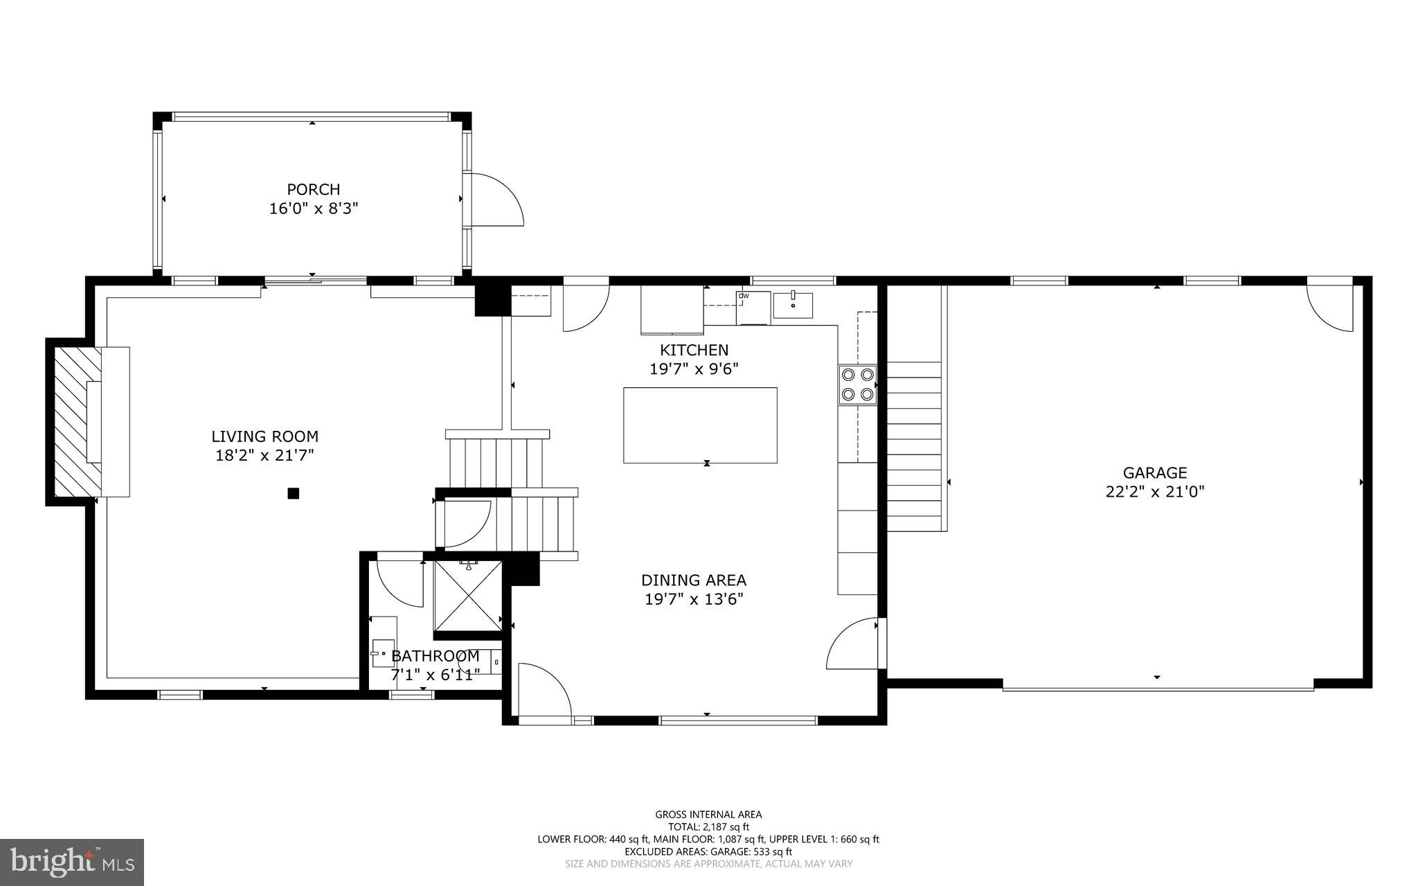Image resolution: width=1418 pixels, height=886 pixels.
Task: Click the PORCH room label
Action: coord(313,189)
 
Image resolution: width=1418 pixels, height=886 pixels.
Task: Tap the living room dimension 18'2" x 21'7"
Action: coord(264,455)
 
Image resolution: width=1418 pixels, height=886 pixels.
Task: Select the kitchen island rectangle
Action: coord(699,425)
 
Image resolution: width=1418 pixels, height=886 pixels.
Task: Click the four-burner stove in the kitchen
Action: coord(857,384)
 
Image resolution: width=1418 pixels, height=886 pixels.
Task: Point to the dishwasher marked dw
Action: coord(753,307)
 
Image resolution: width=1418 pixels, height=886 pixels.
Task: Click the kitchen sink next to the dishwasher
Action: coord(793,305)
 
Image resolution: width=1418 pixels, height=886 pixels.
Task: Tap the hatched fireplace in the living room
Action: coord(72,421)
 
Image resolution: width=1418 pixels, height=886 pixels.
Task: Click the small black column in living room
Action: coord(293,493)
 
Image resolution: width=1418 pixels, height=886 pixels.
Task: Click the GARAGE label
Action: coord(1154,472)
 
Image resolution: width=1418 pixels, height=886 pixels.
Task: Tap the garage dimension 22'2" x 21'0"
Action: coord(1154,492)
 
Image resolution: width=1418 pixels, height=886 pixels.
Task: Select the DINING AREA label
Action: coord(693,580)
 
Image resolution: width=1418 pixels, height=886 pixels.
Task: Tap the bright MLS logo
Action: coord(72,861)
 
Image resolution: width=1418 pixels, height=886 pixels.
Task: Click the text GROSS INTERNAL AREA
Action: coord(708,815)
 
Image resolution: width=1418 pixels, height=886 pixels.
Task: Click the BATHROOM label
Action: coord(435,655)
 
